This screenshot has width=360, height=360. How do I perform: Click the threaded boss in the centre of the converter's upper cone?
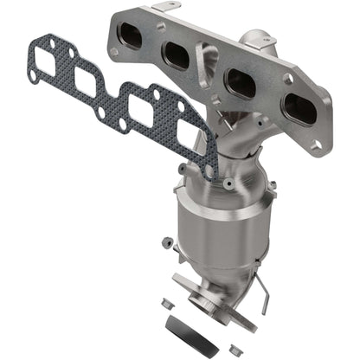click(x=227, y=183)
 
